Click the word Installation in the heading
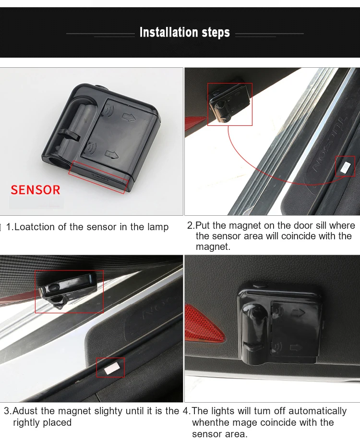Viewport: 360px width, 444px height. coord(168,32)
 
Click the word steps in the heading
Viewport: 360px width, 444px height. coord(216,33)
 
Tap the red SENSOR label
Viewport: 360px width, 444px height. coord(36,190)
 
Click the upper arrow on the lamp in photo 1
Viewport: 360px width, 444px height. coord(129,116)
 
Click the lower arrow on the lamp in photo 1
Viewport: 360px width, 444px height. coord(112,154)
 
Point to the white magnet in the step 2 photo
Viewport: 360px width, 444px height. coord(345,167)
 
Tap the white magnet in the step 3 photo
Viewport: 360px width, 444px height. coord(110,368)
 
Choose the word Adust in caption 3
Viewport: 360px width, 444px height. coord(25,410)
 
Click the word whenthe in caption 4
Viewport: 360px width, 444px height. coord(210,422)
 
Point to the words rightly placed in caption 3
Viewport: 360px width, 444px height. coord(42,422)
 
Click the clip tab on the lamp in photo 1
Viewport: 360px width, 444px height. coord(69,135)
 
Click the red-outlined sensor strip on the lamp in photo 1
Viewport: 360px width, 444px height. coord(98,177)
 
